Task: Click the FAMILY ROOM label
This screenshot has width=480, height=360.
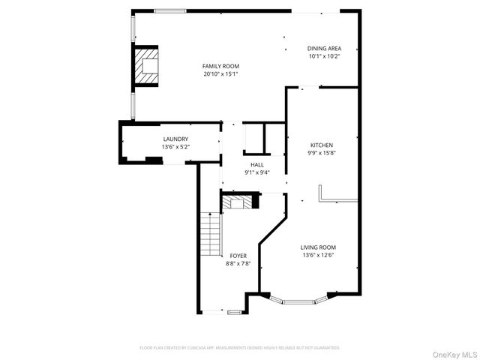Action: (x=220, y=66)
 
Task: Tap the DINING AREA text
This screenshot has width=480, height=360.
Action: (x=324, y=49)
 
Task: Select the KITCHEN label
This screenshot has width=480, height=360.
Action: (x=322, y=145)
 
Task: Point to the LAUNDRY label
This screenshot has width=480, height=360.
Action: (x=175, y=139)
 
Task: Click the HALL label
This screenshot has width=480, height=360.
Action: (x=256, y=165)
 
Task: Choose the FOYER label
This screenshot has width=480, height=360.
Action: (x=238, y=256)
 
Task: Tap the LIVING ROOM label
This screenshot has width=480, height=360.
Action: (x=318, y=247)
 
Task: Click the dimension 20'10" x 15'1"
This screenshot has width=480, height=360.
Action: (x=220, y=74)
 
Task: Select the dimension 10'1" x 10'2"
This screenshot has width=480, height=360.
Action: (x=324, y=56)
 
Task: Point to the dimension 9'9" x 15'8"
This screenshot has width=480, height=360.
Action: (x=322, y=153)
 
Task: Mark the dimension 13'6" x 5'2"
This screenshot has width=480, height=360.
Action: (x=175, y=147)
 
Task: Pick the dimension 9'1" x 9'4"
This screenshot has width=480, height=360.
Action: (x=256, y=172)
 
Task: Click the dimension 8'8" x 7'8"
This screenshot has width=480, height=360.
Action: (x=238, y=263)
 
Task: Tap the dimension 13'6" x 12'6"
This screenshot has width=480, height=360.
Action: (x=318, y=255)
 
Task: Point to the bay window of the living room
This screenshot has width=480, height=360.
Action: (x=298, y=301)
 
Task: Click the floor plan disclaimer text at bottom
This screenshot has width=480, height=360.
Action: (x=240, y=348)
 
